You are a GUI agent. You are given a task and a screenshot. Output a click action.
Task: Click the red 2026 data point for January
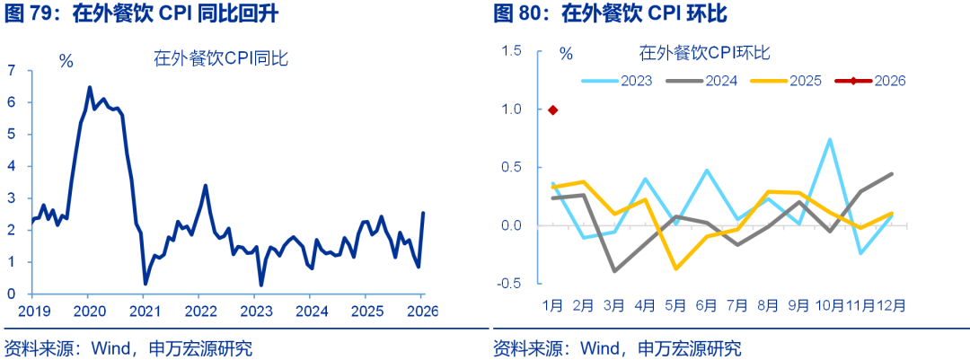[552, 110]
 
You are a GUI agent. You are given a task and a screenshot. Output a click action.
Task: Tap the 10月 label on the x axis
[829, 305]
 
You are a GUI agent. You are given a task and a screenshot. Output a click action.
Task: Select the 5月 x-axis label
[675, 305]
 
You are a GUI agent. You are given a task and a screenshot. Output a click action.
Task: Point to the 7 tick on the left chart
[13, 70]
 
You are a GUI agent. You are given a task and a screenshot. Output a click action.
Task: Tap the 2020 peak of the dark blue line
[89, 87]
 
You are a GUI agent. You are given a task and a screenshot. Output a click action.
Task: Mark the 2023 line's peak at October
[830, 139]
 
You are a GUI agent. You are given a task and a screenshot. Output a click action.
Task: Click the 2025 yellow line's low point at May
[675, 268]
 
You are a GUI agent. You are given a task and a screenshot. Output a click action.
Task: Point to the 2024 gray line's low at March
[614, 270]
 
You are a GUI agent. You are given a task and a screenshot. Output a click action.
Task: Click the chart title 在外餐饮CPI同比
[219, 59]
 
